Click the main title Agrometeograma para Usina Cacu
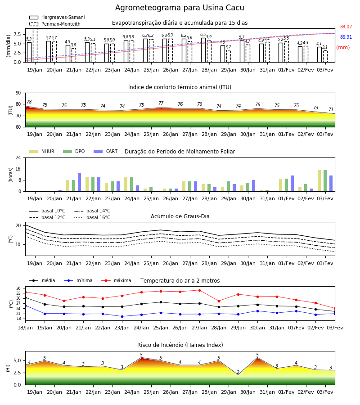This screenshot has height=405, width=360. [x=180, y=8]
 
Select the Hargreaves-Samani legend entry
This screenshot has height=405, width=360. [x=57, y=17]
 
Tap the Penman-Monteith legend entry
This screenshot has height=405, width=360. [x=55, y=24]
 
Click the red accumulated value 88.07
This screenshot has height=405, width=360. [x=346, y=27]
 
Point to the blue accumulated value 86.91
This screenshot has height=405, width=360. [x=346, y=37]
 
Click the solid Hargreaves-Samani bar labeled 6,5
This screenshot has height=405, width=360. [x=203, y=50]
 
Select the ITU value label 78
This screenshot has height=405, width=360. [x=29, y=102]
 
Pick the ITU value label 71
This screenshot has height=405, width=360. [x=331, y=109]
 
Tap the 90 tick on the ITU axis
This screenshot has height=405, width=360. [x=18, y=93]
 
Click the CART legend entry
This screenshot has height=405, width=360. [x=106, y=151]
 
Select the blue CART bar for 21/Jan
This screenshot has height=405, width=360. [x=80, y=182]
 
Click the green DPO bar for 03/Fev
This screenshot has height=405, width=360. [x=325, y=181]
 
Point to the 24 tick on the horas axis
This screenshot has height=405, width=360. [x=18, y=157]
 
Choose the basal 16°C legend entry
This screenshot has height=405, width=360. [x=92, y=217]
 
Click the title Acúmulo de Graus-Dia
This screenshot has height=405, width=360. [x=180, y=216]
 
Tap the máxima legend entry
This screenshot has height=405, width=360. [x=116, y=280]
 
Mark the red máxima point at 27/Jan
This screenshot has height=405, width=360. [x=199, y=290]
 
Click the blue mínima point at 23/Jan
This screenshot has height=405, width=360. [x=122, y=316]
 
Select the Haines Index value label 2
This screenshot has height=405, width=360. [x=238, y=372]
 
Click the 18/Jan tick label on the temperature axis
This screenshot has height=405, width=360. [x=25, y=328]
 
